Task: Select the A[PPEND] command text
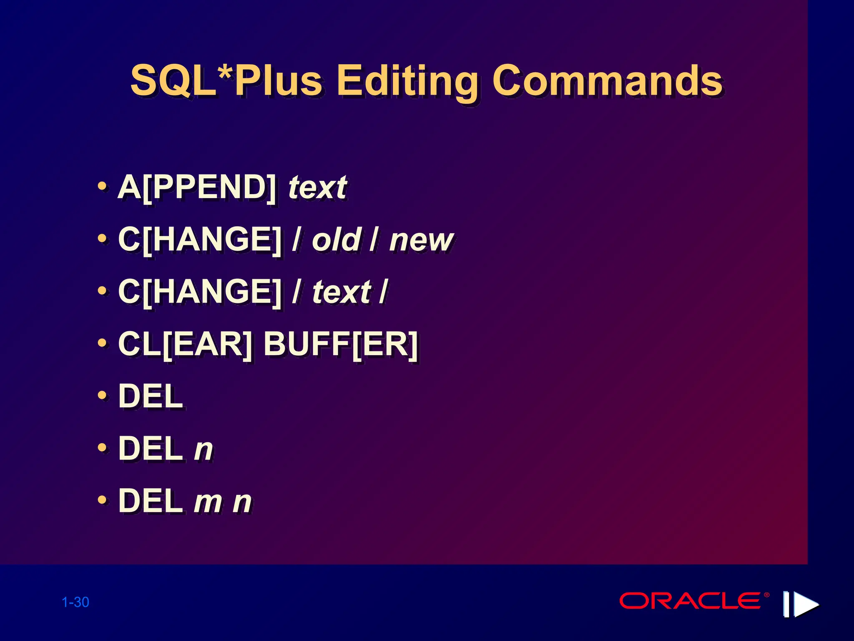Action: pos(197,187)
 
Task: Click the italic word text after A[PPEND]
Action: pos(317,187)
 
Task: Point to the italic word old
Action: pos(336,240)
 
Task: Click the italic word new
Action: pos(421,241)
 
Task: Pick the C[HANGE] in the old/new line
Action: pos(200,240)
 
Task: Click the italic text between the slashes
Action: pos(342,292)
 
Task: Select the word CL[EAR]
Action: pos(185,345)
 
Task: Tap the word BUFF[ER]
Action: pos(341,345)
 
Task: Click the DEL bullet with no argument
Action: pos(151,396)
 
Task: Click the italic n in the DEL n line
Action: pos(203,449)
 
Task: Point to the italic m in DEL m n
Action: pos(208,502)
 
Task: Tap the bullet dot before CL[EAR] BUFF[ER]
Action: pos(102,343)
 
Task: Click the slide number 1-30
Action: pos(75,602)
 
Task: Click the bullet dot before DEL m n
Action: pos(102,500)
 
